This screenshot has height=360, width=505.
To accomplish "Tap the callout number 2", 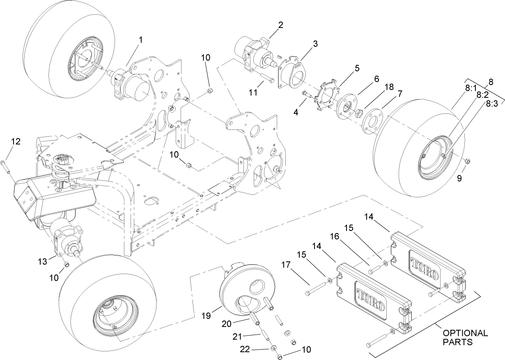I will coord(280,25).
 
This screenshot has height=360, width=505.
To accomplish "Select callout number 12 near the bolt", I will coord(16,141).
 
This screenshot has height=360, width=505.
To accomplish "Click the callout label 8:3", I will coord(491,104).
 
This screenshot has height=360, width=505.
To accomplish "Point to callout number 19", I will coord(206,316).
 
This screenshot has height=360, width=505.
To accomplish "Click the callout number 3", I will coord(315,45).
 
